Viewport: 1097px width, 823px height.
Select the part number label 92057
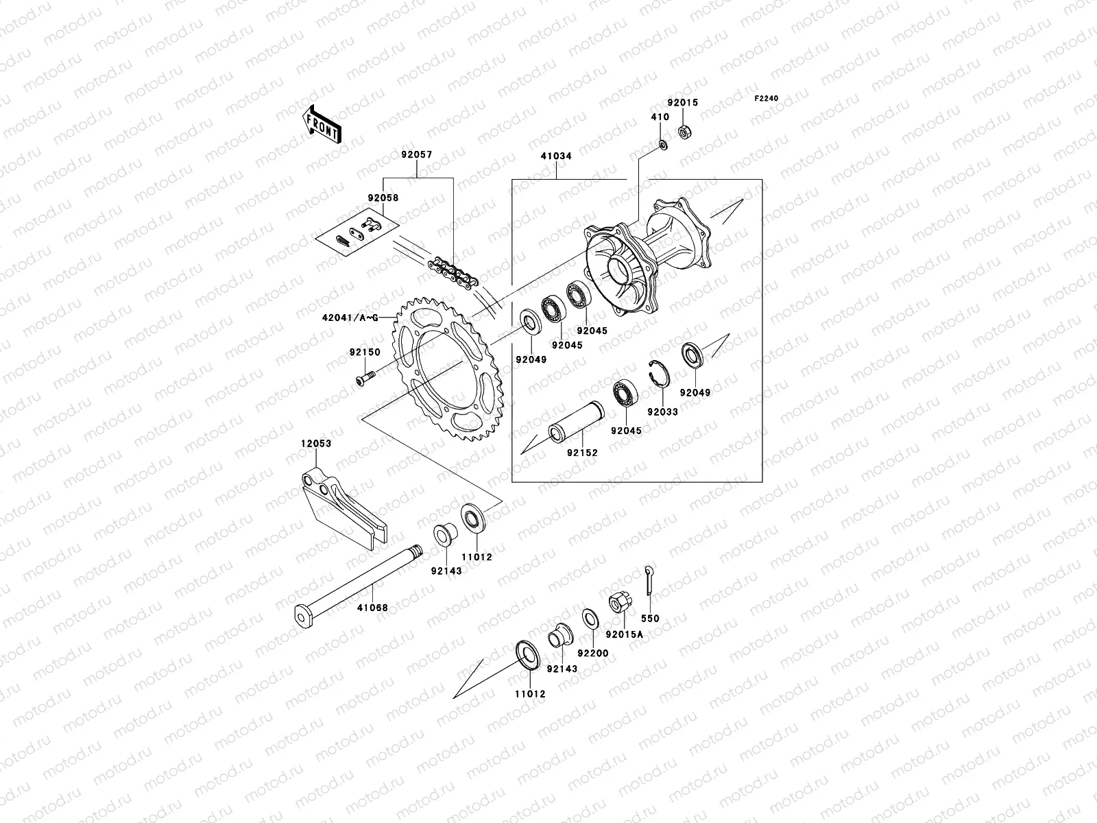pos(416,156)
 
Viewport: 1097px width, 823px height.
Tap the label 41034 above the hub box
pos(556,156)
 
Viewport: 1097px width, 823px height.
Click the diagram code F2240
pos(767,99)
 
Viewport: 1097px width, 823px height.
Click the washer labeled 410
pos(662,145)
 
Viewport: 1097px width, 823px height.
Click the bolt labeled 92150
pos(365,377)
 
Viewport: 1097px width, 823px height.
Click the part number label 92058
pos(382,198)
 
